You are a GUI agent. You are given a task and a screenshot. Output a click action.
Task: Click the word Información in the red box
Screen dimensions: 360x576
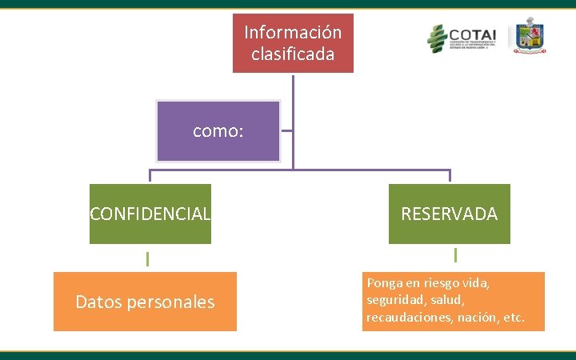point(293,33)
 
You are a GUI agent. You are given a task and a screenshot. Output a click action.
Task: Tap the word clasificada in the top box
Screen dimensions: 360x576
point(293,54)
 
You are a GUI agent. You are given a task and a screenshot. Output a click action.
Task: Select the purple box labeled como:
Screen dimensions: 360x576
point(218,131)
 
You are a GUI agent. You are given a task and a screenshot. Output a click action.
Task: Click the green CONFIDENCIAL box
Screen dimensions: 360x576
point(150,214)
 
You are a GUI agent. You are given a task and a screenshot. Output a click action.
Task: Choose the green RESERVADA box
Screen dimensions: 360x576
point(449,214)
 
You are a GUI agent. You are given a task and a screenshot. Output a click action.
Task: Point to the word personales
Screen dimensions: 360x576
point(174,302)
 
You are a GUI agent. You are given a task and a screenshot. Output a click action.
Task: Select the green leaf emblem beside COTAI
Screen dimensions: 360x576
point(437,38)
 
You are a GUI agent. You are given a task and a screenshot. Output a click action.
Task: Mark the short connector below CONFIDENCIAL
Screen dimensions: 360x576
point(147,258)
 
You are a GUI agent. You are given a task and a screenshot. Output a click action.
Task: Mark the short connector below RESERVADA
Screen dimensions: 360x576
point(454,255)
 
